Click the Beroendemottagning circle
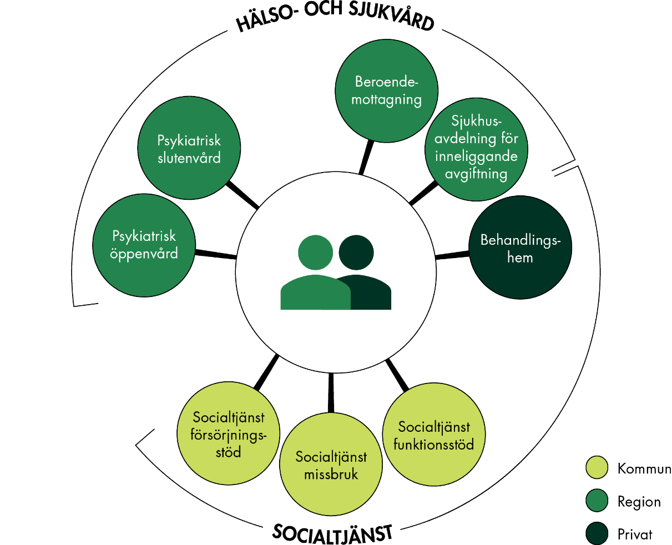coord(387,91)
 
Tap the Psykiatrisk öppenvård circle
coord(144,245)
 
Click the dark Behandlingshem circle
coord(520,248)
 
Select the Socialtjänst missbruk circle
coord(331,465)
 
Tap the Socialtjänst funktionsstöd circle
coord(434,435)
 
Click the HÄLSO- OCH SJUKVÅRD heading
coord(335,19)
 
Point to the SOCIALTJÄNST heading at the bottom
coord(332,533)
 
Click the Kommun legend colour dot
coord(597,467)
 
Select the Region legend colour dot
coord(597,501)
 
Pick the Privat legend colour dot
coord(597,534)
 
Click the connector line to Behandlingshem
coord(452,255)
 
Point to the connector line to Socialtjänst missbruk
coord(331,393)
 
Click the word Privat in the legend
coord(635,534)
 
